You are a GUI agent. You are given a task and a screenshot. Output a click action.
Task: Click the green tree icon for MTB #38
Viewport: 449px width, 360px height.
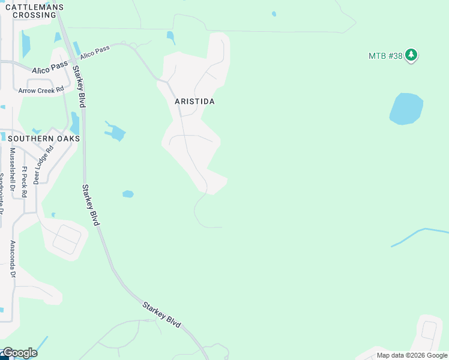(411, 55)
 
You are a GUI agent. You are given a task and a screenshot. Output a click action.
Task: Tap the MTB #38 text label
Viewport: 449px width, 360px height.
(385, 56)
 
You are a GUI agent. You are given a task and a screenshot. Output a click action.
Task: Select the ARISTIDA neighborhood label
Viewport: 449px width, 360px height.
(194, 101)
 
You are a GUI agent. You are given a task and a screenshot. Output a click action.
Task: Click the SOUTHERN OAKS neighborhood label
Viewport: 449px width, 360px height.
(44, 138)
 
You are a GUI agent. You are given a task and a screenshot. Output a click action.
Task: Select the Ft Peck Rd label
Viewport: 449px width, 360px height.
(25, 182)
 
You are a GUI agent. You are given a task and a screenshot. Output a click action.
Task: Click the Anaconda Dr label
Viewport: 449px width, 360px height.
(12, 259)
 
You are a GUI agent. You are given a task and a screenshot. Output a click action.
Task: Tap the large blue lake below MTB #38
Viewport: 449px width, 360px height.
(406, 109)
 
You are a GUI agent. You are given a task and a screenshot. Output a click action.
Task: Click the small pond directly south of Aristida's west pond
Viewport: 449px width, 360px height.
(128, 194)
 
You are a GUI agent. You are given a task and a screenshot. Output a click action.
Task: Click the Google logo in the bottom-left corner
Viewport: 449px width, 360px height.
(19, 353)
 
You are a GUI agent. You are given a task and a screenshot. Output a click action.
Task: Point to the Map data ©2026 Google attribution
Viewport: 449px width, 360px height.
(411, 355)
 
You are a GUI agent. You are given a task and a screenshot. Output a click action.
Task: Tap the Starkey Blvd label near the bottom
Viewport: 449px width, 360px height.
(161, 314)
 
